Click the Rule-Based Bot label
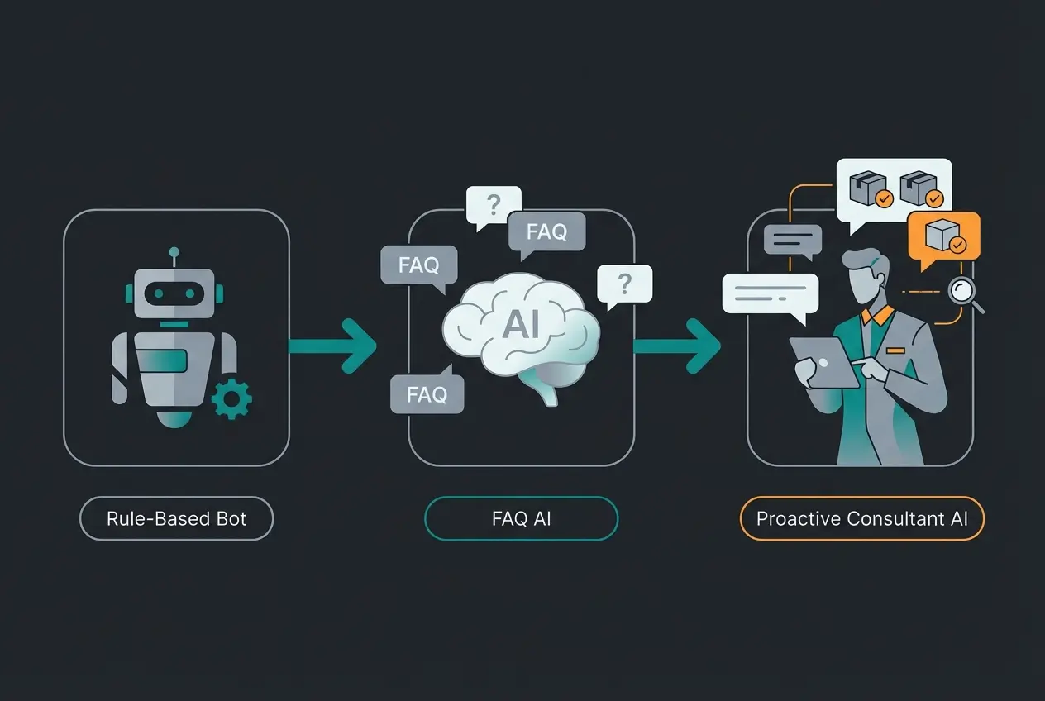[176, 519]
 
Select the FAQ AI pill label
[521, 519]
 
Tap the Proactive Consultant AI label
[861, 519]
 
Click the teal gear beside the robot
[231, 400]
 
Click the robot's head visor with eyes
[174, 293]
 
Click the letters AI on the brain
[521, 325]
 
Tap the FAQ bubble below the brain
[427, 394]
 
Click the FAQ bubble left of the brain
[418, 265]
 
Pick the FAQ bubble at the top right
[546, 231]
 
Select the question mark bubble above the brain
[494, 204]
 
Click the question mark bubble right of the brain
[624, 284]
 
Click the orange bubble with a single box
[943, 237]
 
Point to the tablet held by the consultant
[823, 361]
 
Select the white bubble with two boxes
[895, 188]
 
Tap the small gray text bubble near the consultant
[792, 240]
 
